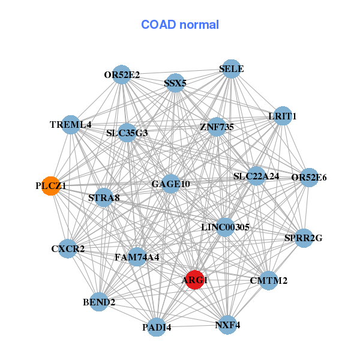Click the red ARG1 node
pos(194,280)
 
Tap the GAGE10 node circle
pos(171,184)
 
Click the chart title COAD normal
pos(180,25)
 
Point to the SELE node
pos(231,69)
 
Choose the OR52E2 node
pos(122,75)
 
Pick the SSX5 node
pos(175,83)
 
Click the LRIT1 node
pos(282,116)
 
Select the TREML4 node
pos(71,125)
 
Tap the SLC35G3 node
pos(127,133)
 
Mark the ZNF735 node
pos(217,127)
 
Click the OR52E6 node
pos(309,177)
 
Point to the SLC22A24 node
pos(256,176)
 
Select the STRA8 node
pos(104,197)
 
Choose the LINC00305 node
pos(225,227)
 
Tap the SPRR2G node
pos(304,238)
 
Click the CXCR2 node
pos(68,248)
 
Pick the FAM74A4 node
pos(137,257)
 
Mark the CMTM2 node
pos(268,280)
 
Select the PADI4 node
pos(157,327)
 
